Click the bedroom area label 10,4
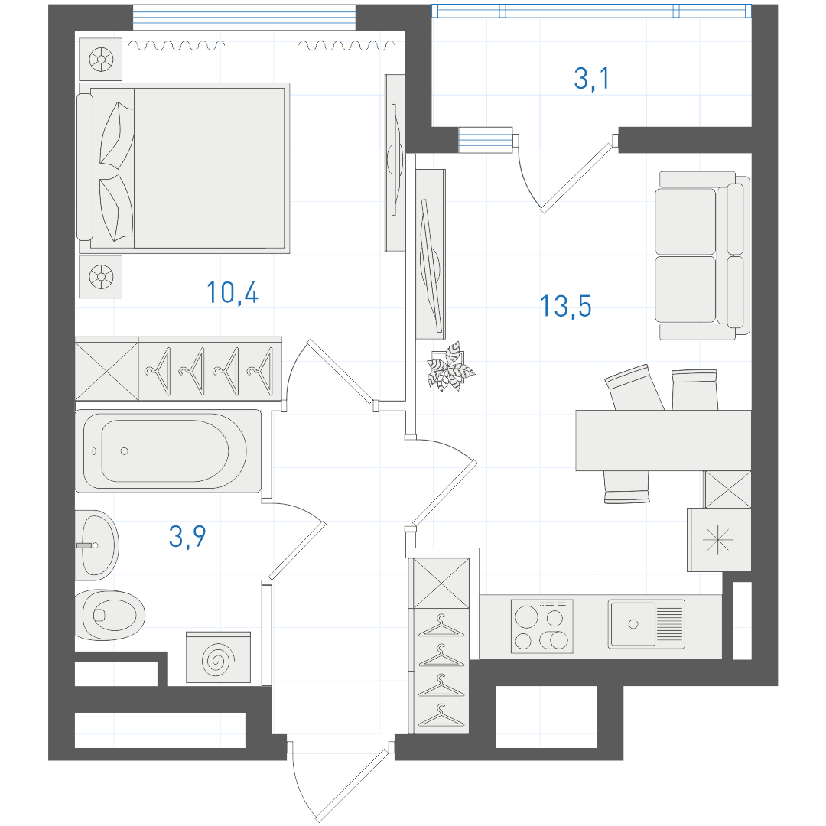pyautogui.click(x=233, y=293)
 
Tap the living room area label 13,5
pyautogui.click(x=566, y=306)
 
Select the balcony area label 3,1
pyautogui.click(x=591, y=79)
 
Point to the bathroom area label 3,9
pyautogui.click(x=187, y=537)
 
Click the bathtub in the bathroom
pyautogui.click(x=168, y=451)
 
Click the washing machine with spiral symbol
pyautogui.click(x=218, y=658)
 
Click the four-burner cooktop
pyautogui.click(x=541, y=627)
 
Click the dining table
pyautogui.click(x=663, y=441)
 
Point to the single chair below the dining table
pyautogui.click(x=626, y=486)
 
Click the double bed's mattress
pyautogui.click(x=209, y=168)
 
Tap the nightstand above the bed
pyautogui.click(x=101, y=59)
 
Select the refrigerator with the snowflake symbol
pyautogui.click(x=719, y=540)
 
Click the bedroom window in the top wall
pyautogui.click(x=244, y=18)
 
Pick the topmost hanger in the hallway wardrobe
pyautogui.click(x=441, y=625)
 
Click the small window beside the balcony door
pyautogui.click(x=485, y=140)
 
